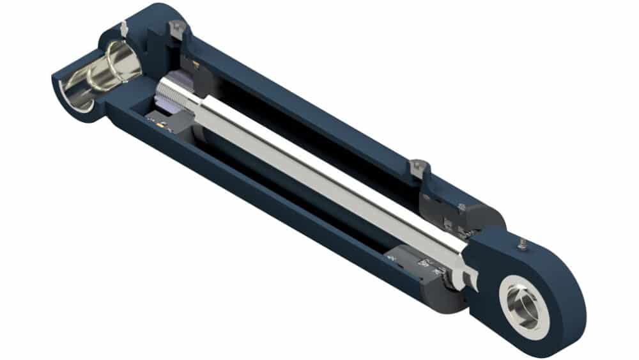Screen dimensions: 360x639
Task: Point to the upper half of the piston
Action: pos(192,64)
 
